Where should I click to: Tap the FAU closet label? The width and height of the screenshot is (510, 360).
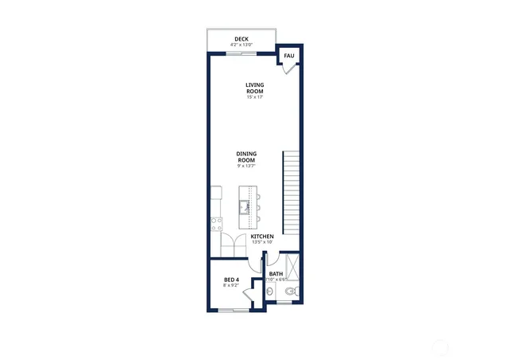click(x=289, y=56)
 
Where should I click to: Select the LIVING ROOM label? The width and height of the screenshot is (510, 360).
click(x=254, y=88)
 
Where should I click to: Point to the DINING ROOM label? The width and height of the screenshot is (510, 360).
click(x=246, y=156)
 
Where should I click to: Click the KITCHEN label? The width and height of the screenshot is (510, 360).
click(x=262, y=237)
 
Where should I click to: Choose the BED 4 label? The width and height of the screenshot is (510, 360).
click(x=231, y=280)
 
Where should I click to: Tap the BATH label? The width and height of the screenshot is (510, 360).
click(x=276, y=273)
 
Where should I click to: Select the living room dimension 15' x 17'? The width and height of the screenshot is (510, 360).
click(x=254, y=97)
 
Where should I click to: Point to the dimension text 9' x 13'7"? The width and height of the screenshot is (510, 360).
click(x=247, y=166)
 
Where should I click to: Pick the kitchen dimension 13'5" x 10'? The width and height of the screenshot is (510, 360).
click(x=262, y=242)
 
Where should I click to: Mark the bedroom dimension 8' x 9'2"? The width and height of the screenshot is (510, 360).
click(x=231, y=286)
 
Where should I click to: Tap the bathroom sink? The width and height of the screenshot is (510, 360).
click(x=270, y=293)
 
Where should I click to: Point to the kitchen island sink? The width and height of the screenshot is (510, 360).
click(x=245, y=209)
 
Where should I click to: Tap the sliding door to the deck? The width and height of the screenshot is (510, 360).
click(x=236, y=53)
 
